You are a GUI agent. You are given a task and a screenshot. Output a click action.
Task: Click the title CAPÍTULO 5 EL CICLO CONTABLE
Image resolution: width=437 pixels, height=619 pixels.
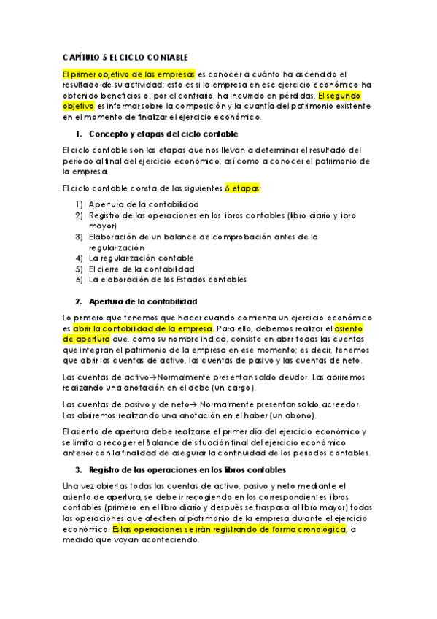125,57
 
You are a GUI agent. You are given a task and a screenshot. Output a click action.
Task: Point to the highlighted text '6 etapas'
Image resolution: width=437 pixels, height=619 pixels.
241,188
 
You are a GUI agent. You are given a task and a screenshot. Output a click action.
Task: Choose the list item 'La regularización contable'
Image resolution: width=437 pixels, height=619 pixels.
141,258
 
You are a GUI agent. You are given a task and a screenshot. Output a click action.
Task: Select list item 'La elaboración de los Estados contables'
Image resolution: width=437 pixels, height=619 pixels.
167,279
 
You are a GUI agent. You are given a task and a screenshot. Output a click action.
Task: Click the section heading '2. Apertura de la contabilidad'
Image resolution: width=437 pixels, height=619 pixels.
142,301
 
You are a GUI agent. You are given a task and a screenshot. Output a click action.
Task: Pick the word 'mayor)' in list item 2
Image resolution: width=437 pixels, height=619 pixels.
102,226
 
